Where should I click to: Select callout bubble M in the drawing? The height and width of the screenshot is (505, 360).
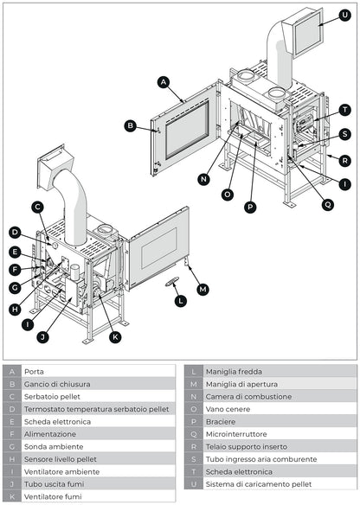203,289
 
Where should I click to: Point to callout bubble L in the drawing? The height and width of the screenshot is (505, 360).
180,301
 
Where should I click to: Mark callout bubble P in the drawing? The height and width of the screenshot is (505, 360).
250,207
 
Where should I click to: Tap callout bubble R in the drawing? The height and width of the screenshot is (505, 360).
344,160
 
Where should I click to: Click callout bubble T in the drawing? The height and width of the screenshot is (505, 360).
344,110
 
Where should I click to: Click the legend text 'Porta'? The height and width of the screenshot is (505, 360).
34,371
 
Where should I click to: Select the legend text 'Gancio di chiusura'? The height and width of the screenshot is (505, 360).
57,384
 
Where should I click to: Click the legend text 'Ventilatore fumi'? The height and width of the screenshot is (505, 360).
53,497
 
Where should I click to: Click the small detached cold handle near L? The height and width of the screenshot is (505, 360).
172,280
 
